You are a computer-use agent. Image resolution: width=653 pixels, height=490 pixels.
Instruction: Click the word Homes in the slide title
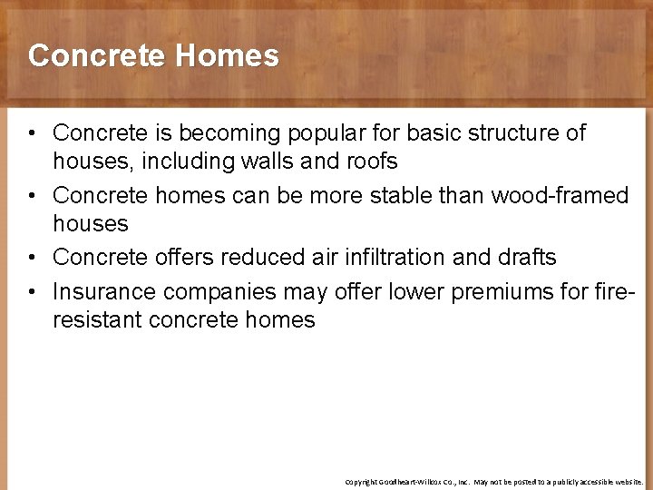(228, 56)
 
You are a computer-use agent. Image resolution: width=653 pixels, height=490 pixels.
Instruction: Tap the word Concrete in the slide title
(98, 56)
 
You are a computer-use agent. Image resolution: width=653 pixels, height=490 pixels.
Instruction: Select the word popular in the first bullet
(329, 133)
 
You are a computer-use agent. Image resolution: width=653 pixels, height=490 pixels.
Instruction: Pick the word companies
(226, 292)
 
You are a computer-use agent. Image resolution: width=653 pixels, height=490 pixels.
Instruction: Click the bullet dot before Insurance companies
(33, 291)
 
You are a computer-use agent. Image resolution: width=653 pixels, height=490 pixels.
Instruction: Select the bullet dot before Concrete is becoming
(33, 133)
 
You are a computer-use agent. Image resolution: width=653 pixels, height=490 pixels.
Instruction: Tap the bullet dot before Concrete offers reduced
(33, 258)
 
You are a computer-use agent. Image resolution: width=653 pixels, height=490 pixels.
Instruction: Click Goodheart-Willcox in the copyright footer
(420, 482)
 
